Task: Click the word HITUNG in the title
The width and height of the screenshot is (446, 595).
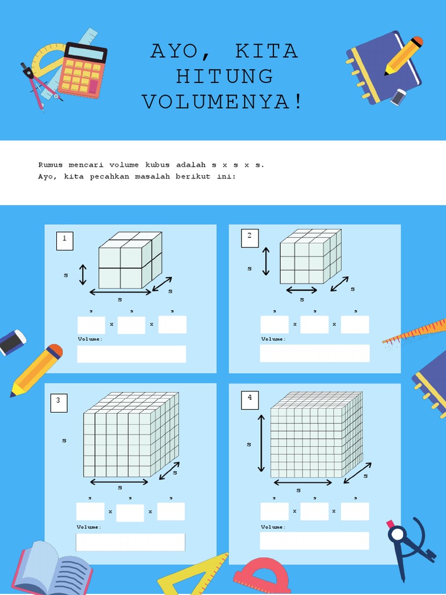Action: pyautogui.click(x=224, y=76)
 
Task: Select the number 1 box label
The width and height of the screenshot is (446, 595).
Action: pyautogui.click(x=64, y=241)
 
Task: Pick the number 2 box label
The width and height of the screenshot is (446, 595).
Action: pyautogui.click(x=250, y=238)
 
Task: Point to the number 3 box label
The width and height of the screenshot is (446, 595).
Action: pyautogui.click(x=59, y=403)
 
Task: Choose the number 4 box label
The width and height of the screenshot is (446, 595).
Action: pyautogui.click(x=250, y=400)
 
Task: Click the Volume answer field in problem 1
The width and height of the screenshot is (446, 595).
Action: pyautogui.click(x=132, y=354)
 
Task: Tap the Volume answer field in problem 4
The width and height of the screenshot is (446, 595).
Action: pyautogui.click(x=314, y=540)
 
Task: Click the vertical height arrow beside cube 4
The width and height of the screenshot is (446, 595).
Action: pyautogui.click(x=261, y=443)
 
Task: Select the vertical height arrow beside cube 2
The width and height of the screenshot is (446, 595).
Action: pyautogui.click(x=266, y=261)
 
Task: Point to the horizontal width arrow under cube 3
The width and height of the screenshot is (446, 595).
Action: pyautogui.click(x=119, y=482)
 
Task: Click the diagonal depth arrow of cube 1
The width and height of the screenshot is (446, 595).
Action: pyautogui.click(x=162, y=284)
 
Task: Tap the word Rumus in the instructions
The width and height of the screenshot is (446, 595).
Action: pyautogui.click(x=51, y=164)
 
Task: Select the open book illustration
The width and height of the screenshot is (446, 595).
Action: pyautogui.click(x=52, y=569)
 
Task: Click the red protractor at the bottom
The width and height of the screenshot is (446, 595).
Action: pyautogui.click(x=261, y=576)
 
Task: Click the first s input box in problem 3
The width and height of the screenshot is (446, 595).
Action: pyautogui.click(x=90, y=511)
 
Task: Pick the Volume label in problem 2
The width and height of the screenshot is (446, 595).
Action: pyautogui.click(x=273, y=339)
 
